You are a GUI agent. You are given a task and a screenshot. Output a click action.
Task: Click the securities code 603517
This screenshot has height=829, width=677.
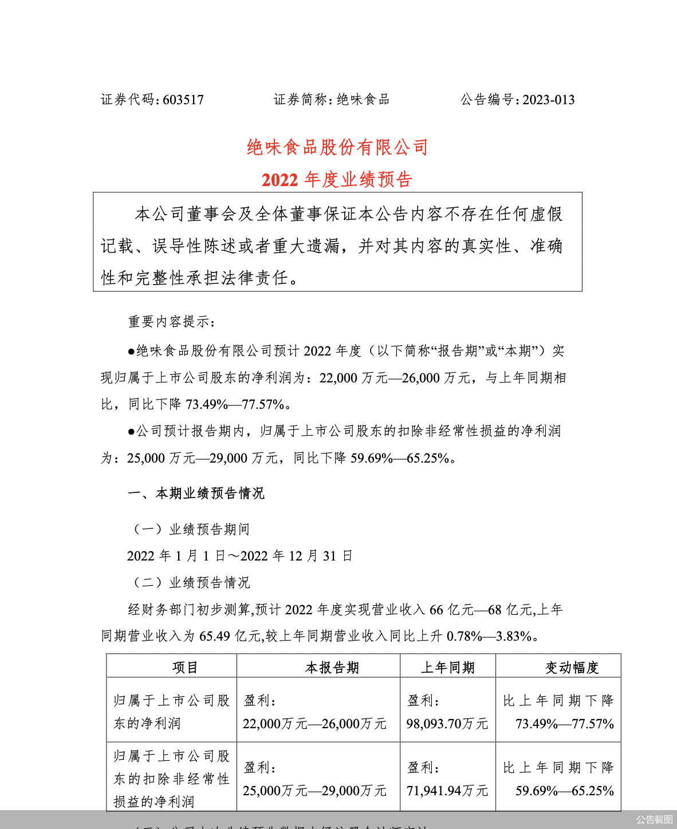click(183, 100)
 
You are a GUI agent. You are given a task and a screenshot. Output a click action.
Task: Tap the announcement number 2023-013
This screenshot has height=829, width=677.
click(548, 100)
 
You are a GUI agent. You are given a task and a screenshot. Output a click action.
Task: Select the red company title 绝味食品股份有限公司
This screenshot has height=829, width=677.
click(337, 148)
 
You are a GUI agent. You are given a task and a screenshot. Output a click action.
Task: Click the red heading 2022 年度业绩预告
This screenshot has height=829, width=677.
click(337, 180)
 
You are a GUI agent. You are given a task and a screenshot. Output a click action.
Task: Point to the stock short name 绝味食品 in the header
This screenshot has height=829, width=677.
click(363, 100)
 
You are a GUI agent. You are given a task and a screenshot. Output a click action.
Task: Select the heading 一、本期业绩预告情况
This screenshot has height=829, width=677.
click(196, 494)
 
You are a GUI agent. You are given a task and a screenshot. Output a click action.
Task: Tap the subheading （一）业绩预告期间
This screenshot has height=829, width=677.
click(192, 530)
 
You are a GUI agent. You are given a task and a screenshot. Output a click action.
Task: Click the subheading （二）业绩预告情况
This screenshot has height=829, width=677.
click(192, 583)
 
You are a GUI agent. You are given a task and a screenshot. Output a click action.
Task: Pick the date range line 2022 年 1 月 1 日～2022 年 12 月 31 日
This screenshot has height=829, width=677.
click(239, 556)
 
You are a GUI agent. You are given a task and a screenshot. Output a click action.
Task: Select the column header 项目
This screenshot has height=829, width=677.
click(185, 668)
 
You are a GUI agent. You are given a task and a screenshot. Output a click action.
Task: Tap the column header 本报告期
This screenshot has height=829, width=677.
click(332, 668)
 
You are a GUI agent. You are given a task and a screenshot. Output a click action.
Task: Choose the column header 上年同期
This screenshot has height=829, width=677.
click(448, 668)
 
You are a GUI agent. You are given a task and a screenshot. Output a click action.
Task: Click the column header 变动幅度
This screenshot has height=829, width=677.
click(572, 668)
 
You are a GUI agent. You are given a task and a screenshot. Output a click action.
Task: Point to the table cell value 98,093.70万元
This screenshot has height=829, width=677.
click(447, 724)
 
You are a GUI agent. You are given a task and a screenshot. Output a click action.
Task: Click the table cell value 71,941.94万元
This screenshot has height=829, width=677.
click(447, 791)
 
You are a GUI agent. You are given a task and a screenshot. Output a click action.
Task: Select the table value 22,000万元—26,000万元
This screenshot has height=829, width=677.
click(314, 724)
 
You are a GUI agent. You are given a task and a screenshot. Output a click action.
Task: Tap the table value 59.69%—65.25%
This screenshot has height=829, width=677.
click(565, 791)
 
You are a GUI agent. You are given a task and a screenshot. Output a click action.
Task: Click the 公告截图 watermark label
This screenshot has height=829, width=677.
click(654, 819)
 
